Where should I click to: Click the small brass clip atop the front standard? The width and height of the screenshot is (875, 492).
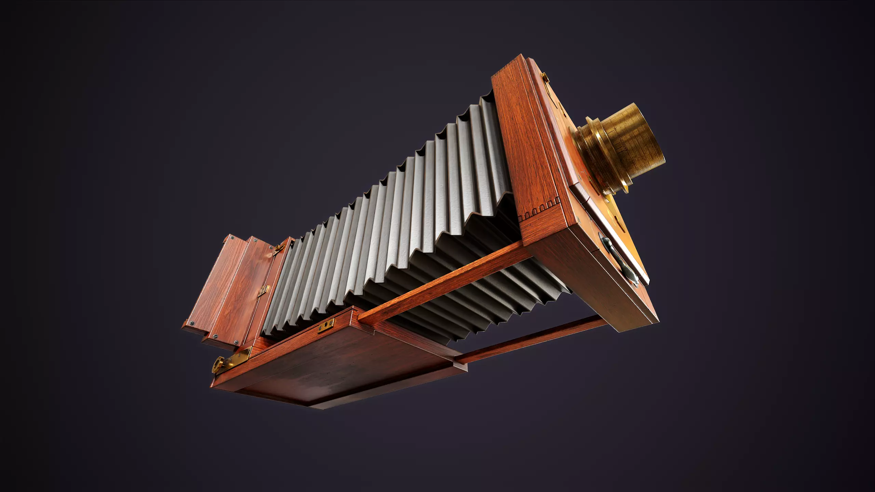point(546,77)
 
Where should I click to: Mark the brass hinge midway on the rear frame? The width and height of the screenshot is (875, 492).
point(263,290)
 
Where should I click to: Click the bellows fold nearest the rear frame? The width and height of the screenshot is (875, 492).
point(273,290)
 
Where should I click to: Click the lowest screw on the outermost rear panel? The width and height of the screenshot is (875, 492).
point(192,323)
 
